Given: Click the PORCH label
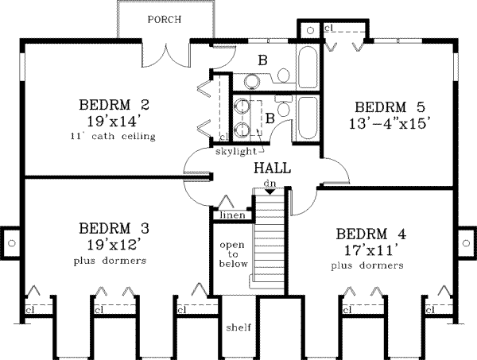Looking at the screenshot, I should click(x=164, y=20).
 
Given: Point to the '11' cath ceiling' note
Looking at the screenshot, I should click(x=114, y=137).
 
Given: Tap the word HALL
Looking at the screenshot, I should click(x=272, y=168).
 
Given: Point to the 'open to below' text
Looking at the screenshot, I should click(x=234, y=254).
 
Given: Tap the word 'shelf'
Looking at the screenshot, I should click(x=238, y=327).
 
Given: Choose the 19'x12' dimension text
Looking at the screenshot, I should click(x=114, y=244).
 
